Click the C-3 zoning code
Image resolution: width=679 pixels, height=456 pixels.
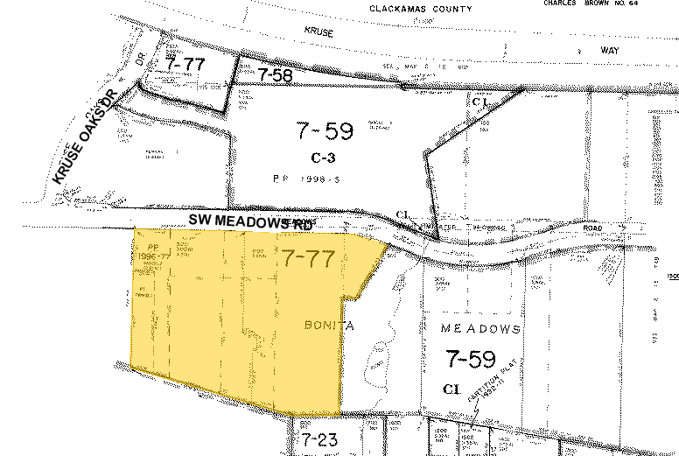point(324,158)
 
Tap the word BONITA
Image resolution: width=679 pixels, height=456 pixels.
point(329,326)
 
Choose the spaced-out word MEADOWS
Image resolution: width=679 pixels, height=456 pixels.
point(480,329)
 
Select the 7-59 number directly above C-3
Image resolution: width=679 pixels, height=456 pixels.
point(324,132)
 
